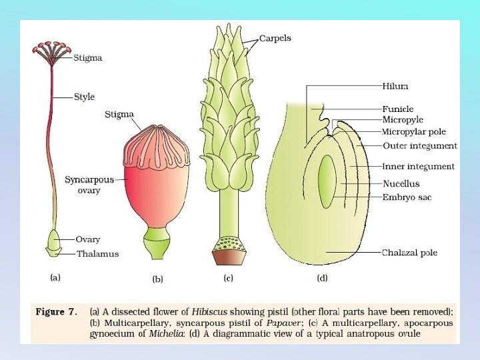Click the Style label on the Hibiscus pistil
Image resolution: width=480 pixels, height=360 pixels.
[x=84, y=97]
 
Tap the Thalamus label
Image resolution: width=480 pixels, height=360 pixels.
[x=97, y=254]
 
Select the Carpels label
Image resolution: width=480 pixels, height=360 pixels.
[x=275, y=39]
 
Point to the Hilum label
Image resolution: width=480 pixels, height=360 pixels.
[x=395, y=87]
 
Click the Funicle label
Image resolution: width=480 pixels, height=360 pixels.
[x=398, y=109]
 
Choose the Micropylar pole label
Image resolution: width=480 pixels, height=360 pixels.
[x=414, y=132]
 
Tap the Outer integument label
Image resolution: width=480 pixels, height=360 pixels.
[x=420, y=145]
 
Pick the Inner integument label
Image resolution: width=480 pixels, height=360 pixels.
[x=419, y=166]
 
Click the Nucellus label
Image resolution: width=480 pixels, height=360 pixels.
[x=401, y=183]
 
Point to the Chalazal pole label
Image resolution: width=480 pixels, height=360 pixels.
[x=409, y=253]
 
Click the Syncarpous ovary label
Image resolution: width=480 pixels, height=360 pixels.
[x=89, y=185]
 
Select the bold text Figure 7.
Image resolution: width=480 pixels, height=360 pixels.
[x=56, y=311]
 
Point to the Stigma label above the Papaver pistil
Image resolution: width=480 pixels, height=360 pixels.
[x=119, y=115]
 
